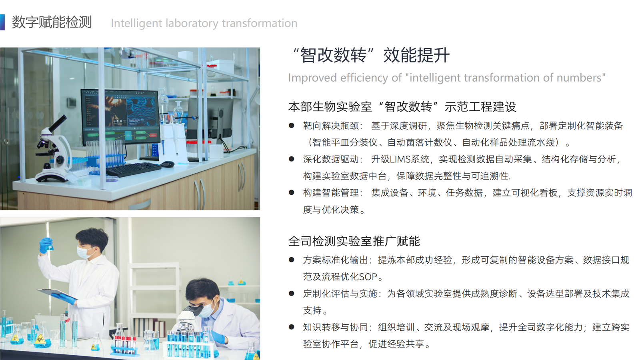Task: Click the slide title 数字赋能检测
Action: pos(52,22)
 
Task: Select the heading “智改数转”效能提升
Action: pos(370,55)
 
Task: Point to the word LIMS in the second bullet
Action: pos(400,160)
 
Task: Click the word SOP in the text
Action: pos(368,277)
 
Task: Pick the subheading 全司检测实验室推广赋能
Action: pos(354,241)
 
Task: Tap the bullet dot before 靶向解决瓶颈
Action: pos(292,126)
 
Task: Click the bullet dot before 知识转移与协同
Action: pos(292,327)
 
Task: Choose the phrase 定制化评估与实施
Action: pos(340,294)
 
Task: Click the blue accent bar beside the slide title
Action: pos(2,22)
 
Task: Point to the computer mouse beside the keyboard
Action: pos(168,164)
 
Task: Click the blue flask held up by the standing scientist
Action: pos(49,245)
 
